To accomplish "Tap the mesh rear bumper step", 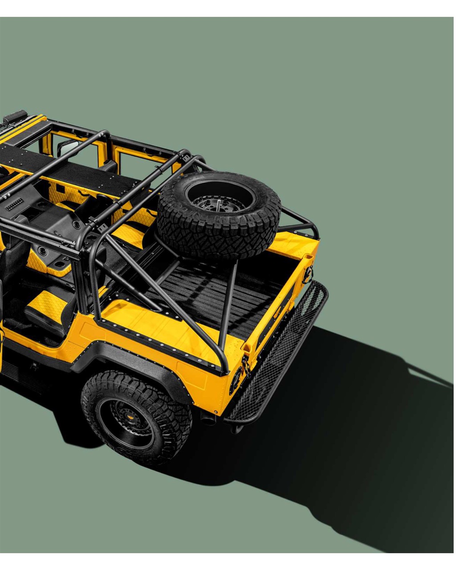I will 278,352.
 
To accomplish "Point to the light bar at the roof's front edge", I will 13,118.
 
